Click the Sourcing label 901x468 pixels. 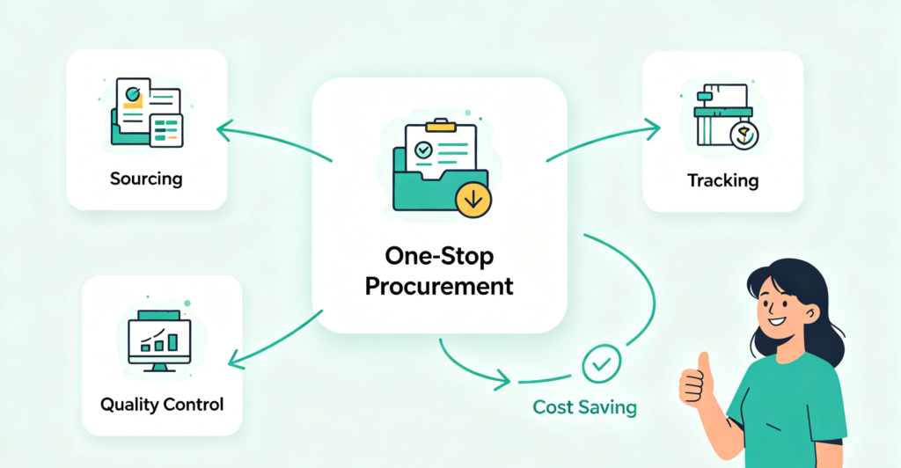pos(146,179)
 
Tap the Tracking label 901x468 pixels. pos(723,180)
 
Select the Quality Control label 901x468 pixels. pos(162,405)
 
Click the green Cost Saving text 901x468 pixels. pos(584,407)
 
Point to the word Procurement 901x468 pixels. pos(439,286)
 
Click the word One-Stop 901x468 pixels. pos(439,256)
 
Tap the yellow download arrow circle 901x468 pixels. pos(473,200)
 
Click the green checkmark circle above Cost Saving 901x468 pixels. pos(602,364)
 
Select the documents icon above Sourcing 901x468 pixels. pos(147,113)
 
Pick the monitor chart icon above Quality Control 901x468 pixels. pos(159,340)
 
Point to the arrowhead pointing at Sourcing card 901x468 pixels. pos(225,130)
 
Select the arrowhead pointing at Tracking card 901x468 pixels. pos(652,130)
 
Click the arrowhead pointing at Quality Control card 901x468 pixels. pos(237,360)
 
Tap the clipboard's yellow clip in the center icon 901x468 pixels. pos(441,124)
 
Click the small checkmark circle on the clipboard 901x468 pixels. pos(423,150)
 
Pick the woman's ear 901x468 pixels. pos(811,313)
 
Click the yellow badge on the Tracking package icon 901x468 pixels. pos(744,135)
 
